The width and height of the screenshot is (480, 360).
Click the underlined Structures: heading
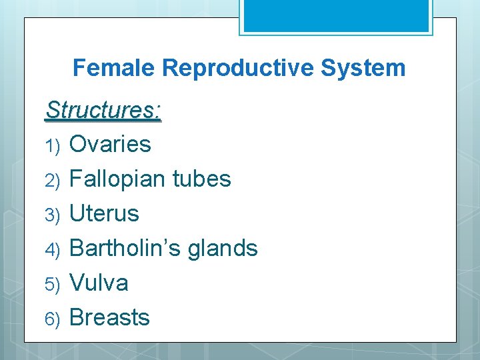103,111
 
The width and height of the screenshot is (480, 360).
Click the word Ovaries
110,144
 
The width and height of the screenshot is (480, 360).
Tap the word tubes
201,179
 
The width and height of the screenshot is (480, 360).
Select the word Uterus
104,213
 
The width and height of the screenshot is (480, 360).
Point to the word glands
223,249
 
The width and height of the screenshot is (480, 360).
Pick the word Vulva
99,283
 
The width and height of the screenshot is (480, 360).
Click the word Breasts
109,317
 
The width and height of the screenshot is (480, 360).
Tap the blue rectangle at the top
336,15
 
